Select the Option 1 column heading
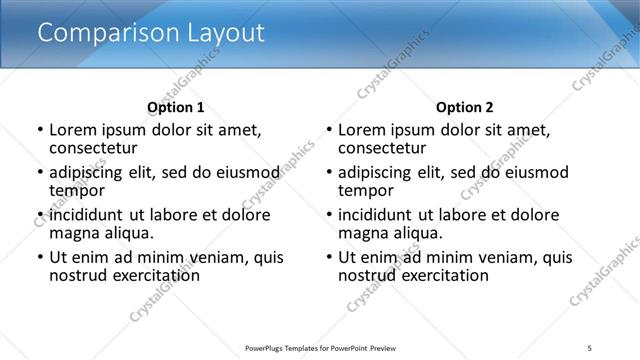pyautogui.click(x=176, y=107)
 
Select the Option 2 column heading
pyautogui.click(x=465, y=107)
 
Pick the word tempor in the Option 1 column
pyautogui.click(x=77, y=190)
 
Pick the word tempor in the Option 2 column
pyautogui.click(x=366, y=190)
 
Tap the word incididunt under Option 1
pyautogui.click(x=88, y=215)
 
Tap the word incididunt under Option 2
pyautogui.click(x=377, y=215)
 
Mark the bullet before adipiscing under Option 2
pyautogui.click(x=328, y=173)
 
